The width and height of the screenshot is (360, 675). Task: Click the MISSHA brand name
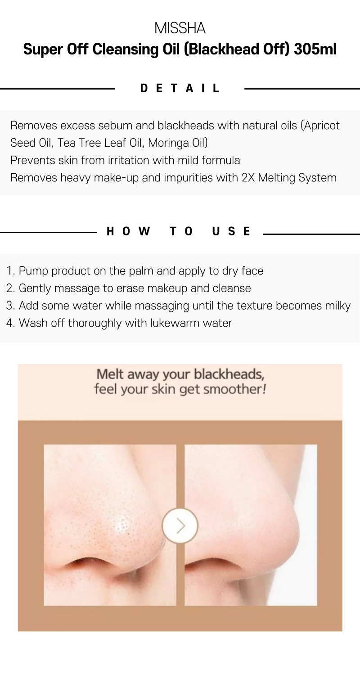pos(180,28)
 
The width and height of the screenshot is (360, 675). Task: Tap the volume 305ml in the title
pos(315,49)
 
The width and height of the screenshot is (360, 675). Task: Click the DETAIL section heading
pos(180,88)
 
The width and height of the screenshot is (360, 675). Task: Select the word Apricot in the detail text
pos(322,126)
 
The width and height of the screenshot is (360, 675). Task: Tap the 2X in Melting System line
pos(248,177)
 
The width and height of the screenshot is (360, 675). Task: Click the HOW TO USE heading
pos(178,231)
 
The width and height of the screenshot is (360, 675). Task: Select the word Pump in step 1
pos(33,271)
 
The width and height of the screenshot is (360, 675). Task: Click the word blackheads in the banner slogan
pos(229,374)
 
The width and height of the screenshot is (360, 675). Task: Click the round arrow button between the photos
pos(180,526)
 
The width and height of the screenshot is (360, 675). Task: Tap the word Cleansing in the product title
pos(125,49)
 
